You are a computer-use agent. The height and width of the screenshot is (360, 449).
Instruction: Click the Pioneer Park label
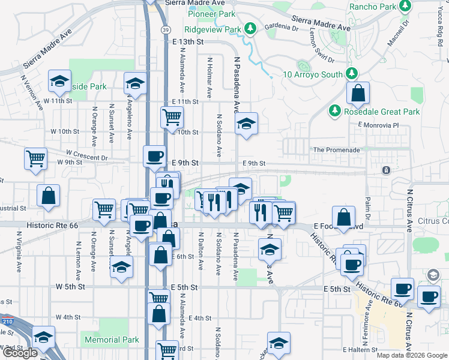[x=210, y=14]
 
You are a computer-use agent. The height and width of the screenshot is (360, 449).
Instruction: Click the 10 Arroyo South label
[x=313, y=74]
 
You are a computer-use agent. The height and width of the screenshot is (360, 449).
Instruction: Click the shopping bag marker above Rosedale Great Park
[x=358, y=94]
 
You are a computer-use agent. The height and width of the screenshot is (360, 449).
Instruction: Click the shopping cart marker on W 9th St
[x=36, y=159]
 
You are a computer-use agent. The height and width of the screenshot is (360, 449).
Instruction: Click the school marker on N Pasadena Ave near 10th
[x=246, y=124]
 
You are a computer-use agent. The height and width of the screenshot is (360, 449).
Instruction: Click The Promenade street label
[x=336, y=150]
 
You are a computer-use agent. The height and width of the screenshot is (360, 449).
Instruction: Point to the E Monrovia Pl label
[x=378, y=125]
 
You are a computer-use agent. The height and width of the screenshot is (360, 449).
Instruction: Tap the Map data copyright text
[x=411, y=355]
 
